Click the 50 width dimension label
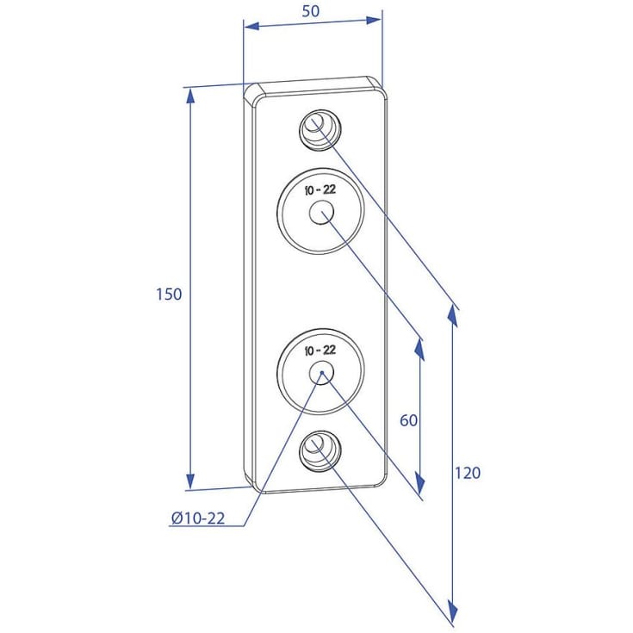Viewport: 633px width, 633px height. coord(311,11)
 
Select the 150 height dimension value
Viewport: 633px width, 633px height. coord(169,295)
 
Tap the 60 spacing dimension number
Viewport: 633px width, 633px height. coord(408,420)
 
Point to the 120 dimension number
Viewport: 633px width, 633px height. coord(468,473)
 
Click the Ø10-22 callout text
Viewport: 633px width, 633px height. coord(198,518)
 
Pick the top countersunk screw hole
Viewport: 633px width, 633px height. coord(320,129)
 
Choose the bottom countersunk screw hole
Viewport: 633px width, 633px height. coord(320,451)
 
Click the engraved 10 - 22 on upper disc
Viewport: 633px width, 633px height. coord(320,189)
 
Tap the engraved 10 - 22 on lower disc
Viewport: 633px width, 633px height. coord(320,350)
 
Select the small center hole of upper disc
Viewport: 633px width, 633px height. coord(321,213)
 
